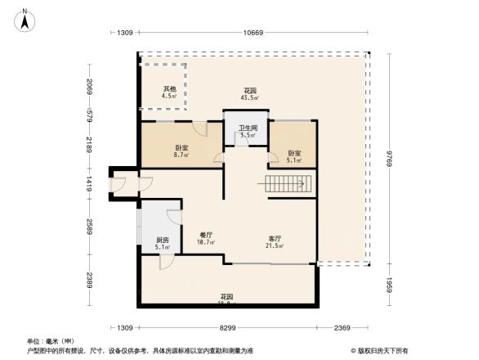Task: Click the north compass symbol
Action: [25, 18]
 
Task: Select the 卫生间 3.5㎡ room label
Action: [248, 131]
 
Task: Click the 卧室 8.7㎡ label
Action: [180, 151]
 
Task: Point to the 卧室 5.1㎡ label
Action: [294, 156]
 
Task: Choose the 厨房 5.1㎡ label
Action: [162, 243]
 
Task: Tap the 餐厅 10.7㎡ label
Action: [207, 238]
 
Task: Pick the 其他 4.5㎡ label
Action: [169, 92]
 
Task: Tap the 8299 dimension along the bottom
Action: [227, 327]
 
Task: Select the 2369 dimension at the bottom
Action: [342, 327]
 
